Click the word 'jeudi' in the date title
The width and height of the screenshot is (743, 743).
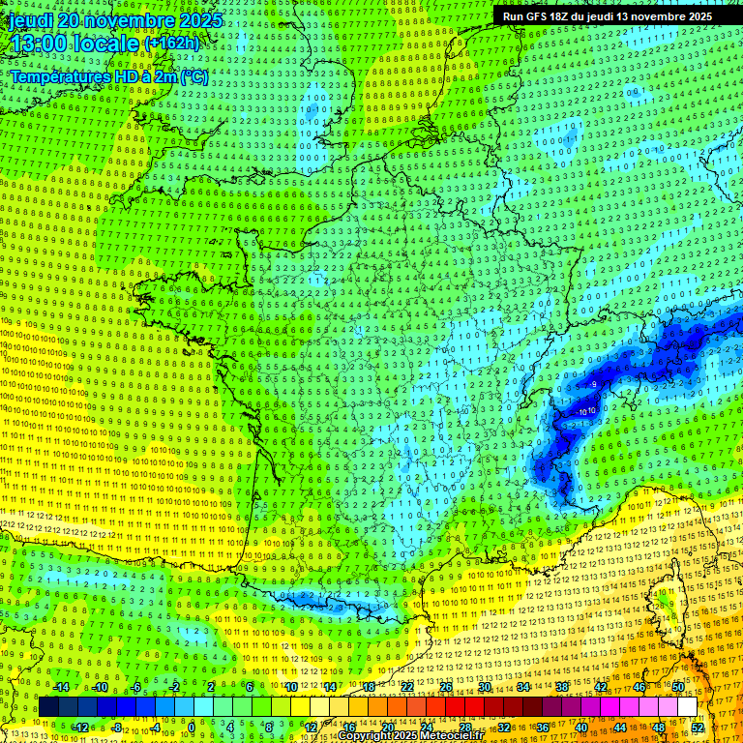pyautogui.click(x=31, y=20)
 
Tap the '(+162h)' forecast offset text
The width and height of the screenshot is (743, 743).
pyautogui.click(x=171, y=44)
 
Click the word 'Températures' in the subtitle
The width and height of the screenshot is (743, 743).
pyautogui.click(x=60, y=76)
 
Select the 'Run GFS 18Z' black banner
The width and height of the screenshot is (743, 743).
pyautogui.click(x=607, y=16)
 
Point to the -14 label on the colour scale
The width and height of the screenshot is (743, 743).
pyautogui.click(x=61, y=687)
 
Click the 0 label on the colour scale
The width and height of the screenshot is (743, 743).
pyautogui.click(x=192, y=727)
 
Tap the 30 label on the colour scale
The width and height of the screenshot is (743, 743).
pyautogui.click(x=484, y=687)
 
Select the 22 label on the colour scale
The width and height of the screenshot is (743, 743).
pyautogui.click(x=406, y=687)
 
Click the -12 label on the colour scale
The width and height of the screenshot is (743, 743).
pyautogui.click(x=80, y=727)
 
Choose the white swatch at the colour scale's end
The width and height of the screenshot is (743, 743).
pyautogui.click(x=686, y=707)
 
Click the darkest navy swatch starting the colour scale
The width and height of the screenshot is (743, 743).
pyautogui.click(x=48, y=707)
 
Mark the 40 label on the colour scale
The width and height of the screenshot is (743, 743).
pyautogui.click(x=581, y=727)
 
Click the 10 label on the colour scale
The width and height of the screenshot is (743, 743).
pyautogui.click(x=290, y=687)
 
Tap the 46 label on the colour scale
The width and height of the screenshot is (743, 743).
pyautogui.click(x=639, y=687)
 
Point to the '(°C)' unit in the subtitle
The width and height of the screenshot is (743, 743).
pyautogui.click(x=193, y=76)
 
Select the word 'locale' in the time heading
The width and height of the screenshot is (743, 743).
pyautogui.click(x=108, y=44)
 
